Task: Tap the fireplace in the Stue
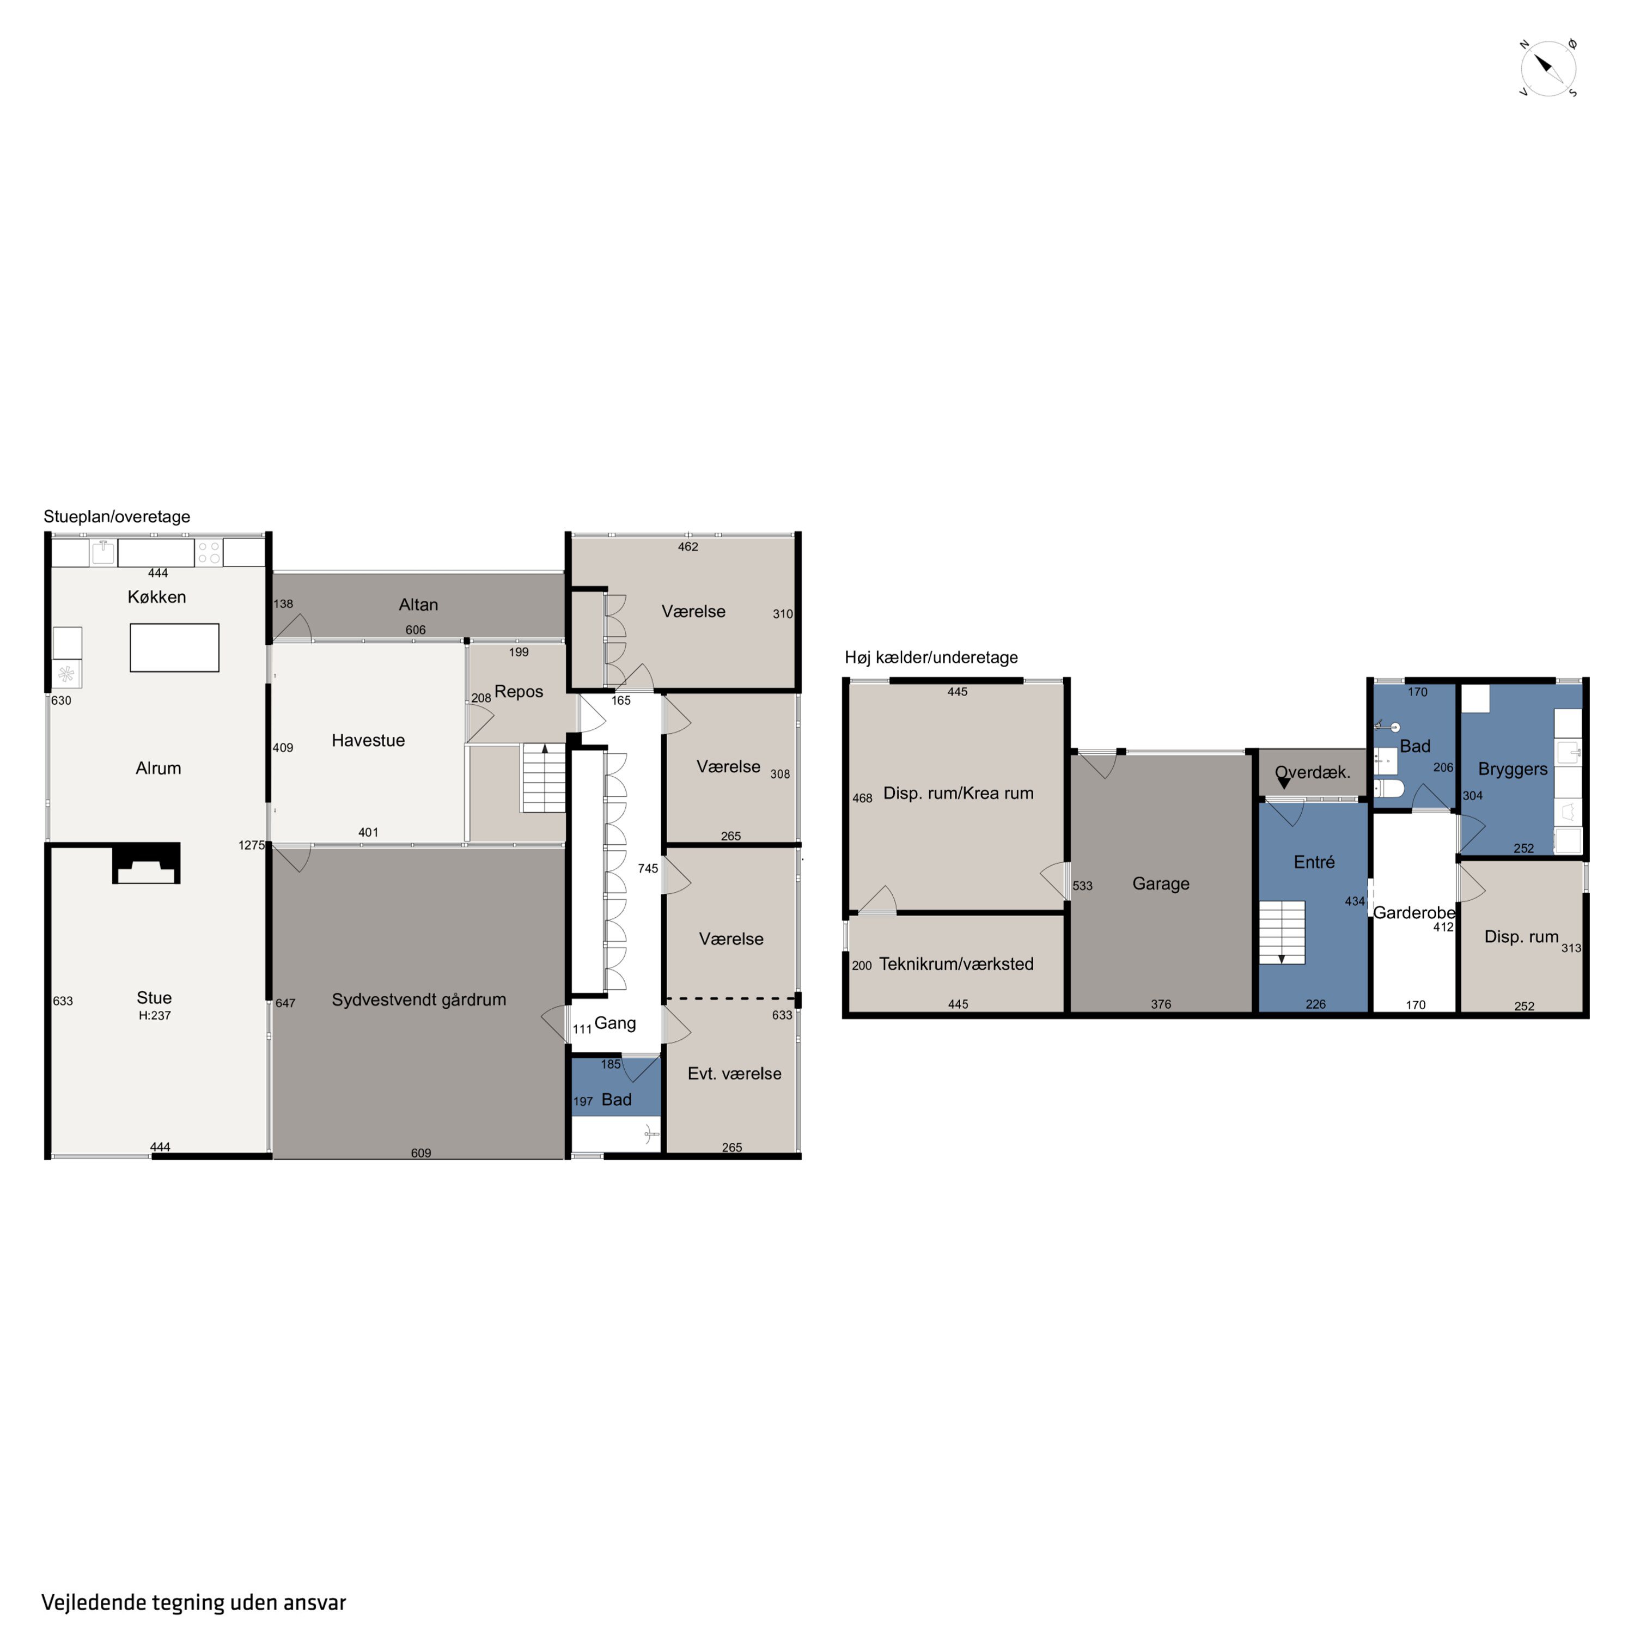point(147,863)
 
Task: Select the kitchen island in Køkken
point(174,648)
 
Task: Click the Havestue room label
point(368,741)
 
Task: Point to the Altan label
point(419,605)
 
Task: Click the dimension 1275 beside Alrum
point(251,845)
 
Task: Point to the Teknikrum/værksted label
point(956,964)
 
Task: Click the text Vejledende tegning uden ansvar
point(194,1603)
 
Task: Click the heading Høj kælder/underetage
point(931,658)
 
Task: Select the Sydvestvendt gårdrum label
point(419,999)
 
